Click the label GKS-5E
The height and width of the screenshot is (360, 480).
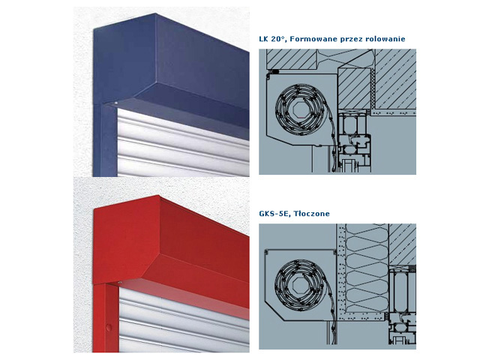coord(274,213)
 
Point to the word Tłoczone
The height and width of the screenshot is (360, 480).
coord(312,213)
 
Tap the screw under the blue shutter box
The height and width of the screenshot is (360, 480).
coord(116,103)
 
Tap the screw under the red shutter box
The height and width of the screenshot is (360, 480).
coord(120,282)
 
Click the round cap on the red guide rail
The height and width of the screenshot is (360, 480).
coord(109,327)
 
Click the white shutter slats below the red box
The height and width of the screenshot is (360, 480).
coord(184,325)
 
